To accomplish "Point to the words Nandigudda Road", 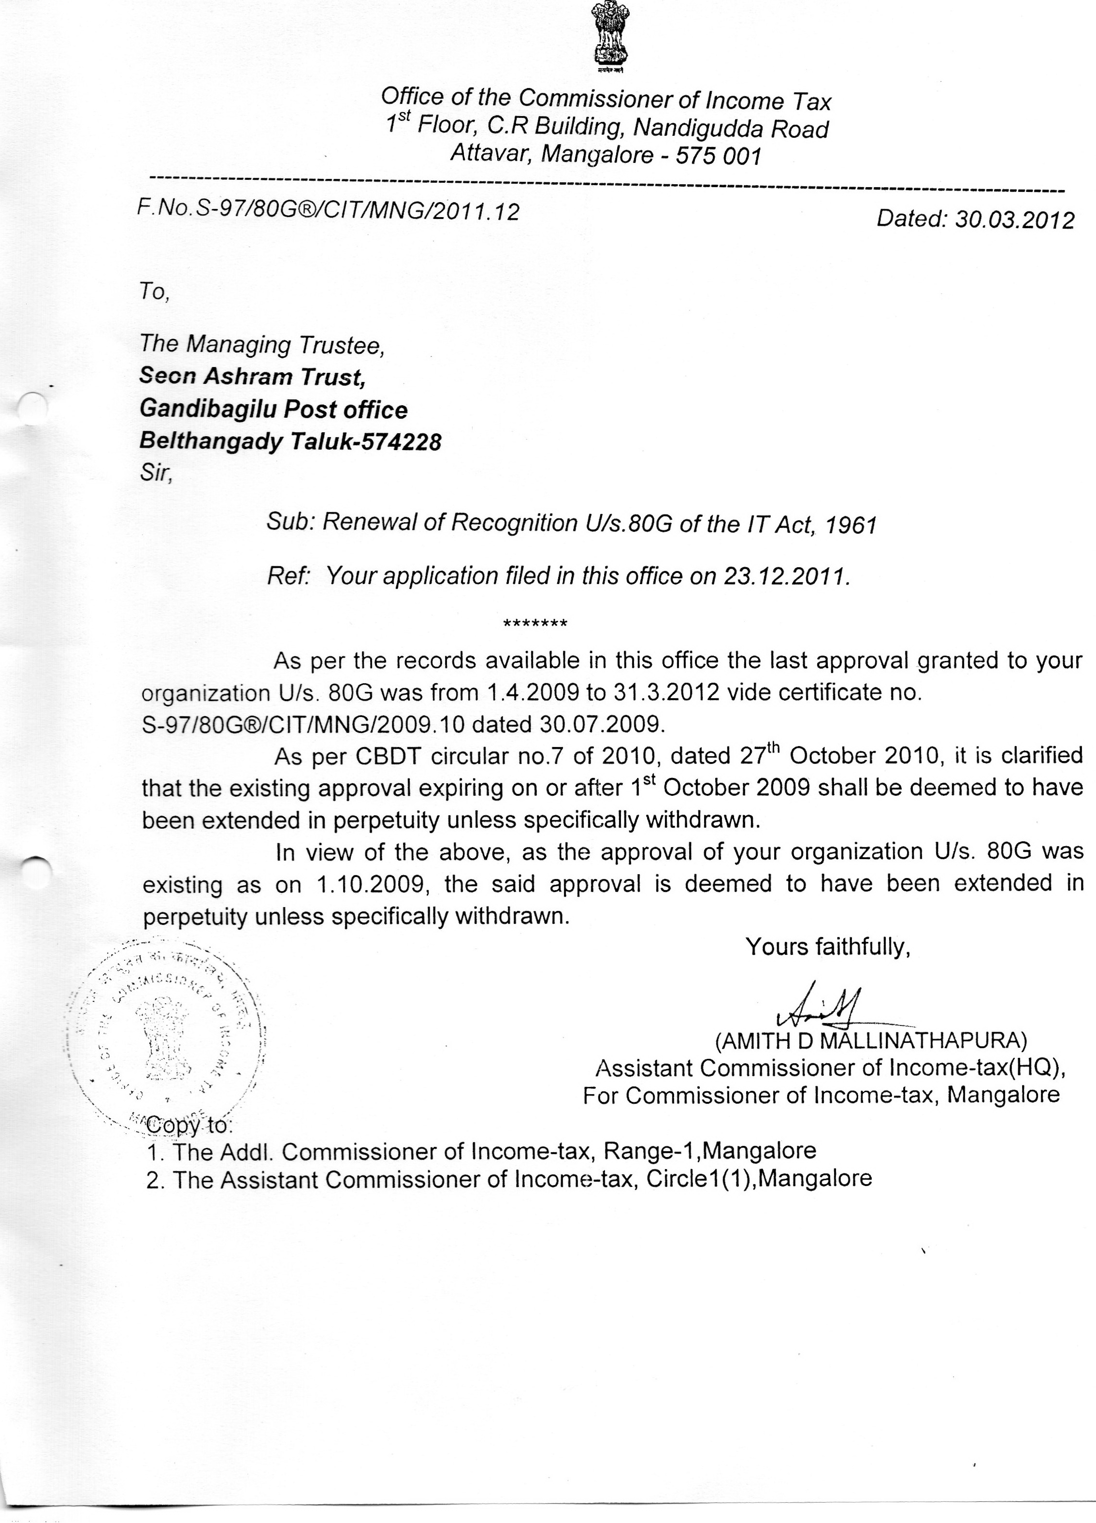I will coord(732,128).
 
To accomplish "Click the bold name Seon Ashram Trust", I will coord(252,376).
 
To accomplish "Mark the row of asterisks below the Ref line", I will coord(535,624).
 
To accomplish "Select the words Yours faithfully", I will coord(827,947).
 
